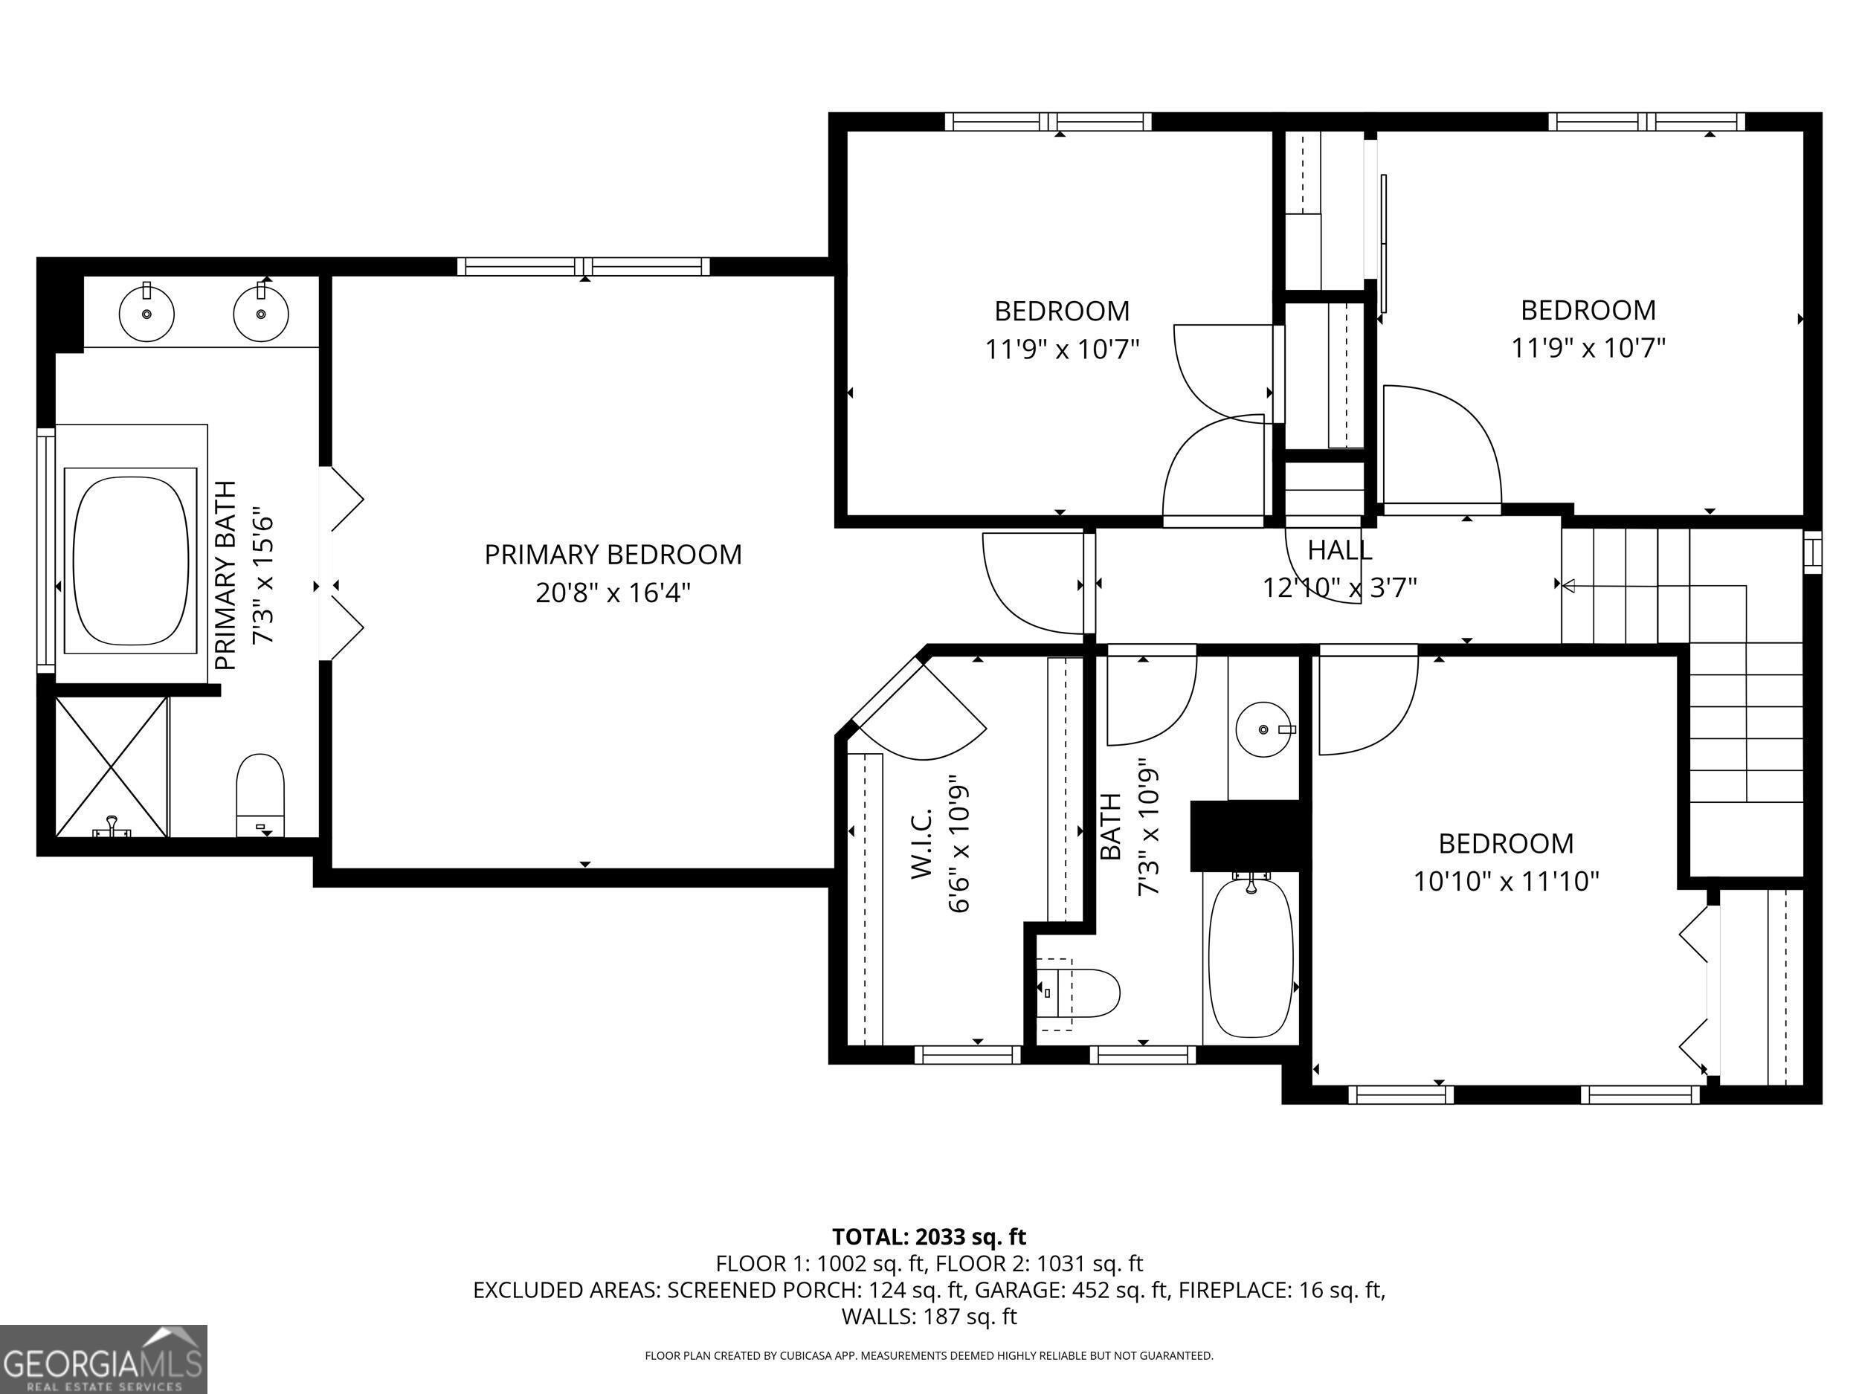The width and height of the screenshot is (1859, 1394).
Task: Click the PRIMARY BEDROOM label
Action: (x=613, y=555)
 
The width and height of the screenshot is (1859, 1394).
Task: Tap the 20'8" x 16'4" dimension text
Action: (x=613, y=593)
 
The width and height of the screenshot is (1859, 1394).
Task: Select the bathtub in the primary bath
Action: (x=131, y=561)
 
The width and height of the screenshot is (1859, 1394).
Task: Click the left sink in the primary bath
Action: (x=147, y=312)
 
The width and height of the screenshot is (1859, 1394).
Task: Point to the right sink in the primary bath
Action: (x=261, y=312)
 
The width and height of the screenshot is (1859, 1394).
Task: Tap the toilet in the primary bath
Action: (x=260, y=795)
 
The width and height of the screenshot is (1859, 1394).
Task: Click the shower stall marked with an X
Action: (x=112, y=767)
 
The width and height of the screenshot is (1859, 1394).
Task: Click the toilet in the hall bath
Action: (x=1078, y=993)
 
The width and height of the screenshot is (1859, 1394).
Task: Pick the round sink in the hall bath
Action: (x=1264, y=729)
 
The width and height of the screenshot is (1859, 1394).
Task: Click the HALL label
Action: (x=1340, y=550)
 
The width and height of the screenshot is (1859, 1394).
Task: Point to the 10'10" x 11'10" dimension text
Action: (x=1505, y=882)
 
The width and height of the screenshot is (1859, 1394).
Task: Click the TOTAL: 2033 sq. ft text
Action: (x=929, y=1237)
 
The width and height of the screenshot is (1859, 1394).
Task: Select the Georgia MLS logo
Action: (x=103, y=1359)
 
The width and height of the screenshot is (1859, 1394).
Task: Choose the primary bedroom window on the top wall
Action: (x=584, y=267)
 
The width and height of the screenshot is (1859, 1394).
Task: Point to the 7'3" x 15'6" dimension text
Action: (x=264, y=575)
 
